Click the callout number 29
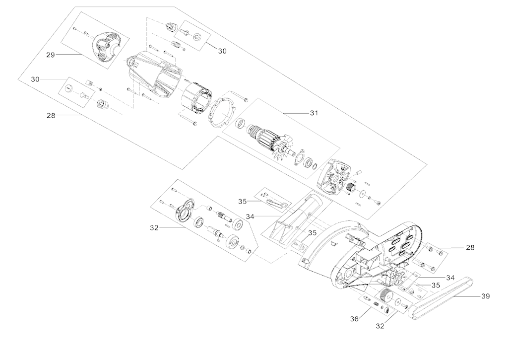point(50,55)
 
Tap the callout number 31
point(313,113)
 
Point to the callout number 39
point(485,296)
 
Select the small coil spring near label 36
point(376,303)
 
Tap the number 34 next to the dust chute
point(250,216)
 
